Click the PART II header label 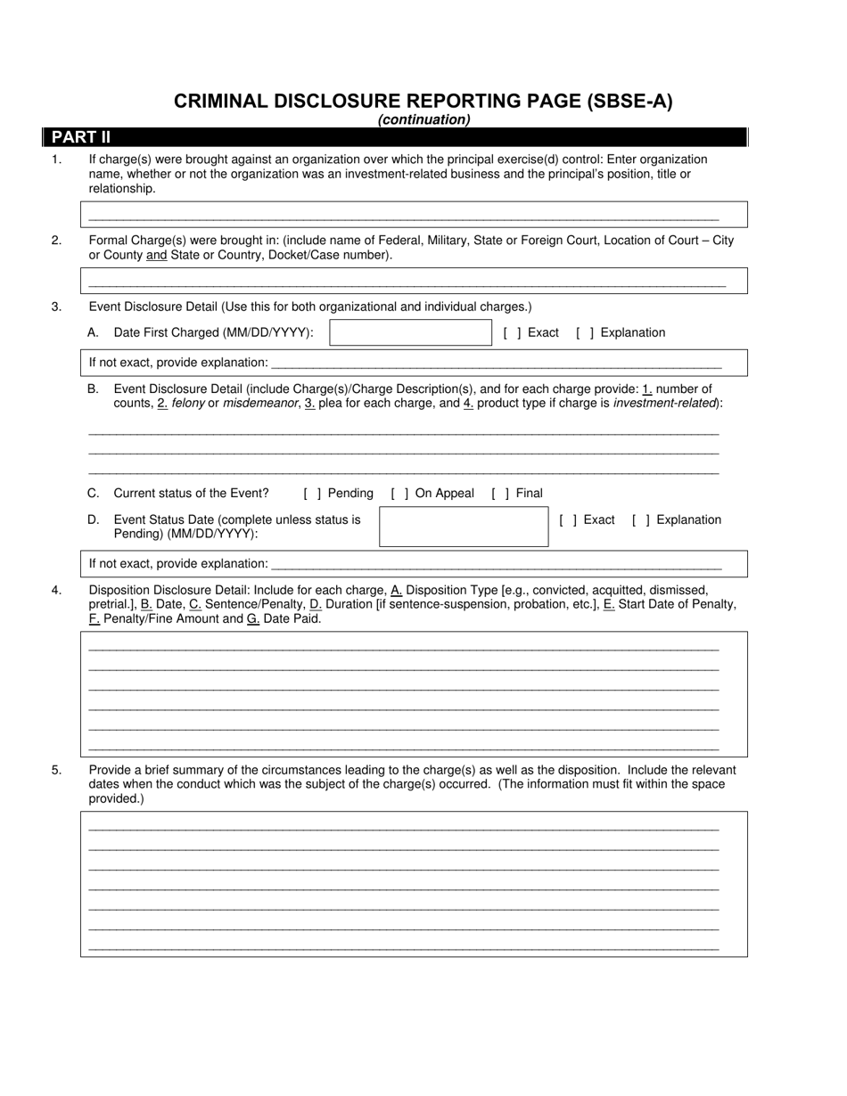pos(81,137)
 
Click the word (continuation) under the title pos(423,119)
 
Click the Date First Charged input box pos(410,332)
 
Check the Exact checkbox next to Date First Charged pos(512,333)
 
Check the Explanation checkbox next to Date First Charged pos(585,333)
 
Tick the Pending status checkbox pos(312,494)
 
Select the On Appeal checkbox pos(399,494)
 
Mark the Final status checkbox pos(500,494)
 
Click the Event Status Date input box pos(463,527)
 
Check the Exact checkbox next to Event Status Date pos(568,520)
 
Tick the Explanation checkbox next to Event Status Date pos(640,520)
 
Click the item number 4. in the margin pos(56,590)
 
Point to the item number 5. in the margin pos(56,770)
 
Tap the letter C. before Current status pos(93,493)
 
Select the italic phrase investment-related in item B pos(665,403)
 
